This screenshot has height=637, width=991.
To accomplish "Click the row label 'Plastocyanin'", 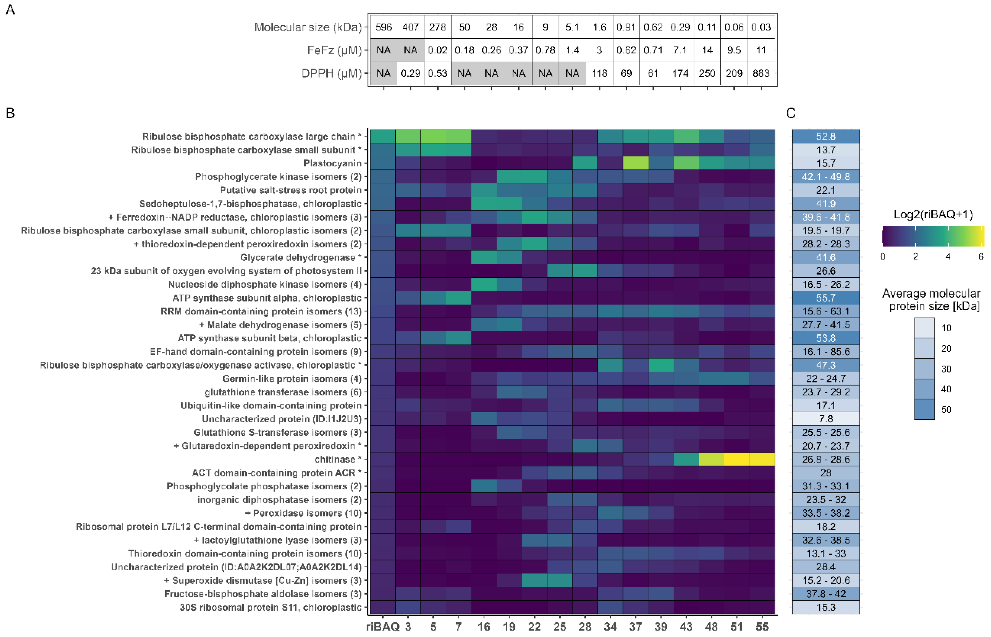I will tap(332, 163).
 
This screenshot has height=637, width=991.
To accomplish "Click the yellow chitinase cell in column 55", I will tap(762, 459).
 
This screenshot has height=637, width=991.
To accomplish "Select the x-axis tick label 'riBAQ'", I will tap(383, 627).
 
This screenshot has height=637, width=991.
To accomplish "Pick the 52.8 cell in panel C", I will tap(826, 136).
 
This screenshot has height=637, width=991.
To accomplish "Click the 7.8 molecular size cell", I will tap(826, 419).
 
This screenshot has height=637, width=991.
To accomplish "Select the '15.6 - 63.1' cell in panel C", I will tap(826, 311).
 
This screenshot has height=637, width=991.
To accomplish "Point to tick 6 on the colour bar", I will tap(981, 257).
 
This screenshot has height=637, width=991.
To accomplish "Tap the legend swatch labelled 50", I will tap(924, 409).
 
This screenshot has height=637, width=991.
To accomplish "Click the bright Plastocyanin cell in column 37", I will tap(635, 163).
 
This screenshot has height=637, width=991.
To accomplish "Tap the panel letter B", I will tap(10, 113).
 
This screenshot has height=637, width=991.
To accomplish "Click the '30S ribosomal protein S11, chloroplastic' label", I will tap(271, 607).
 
